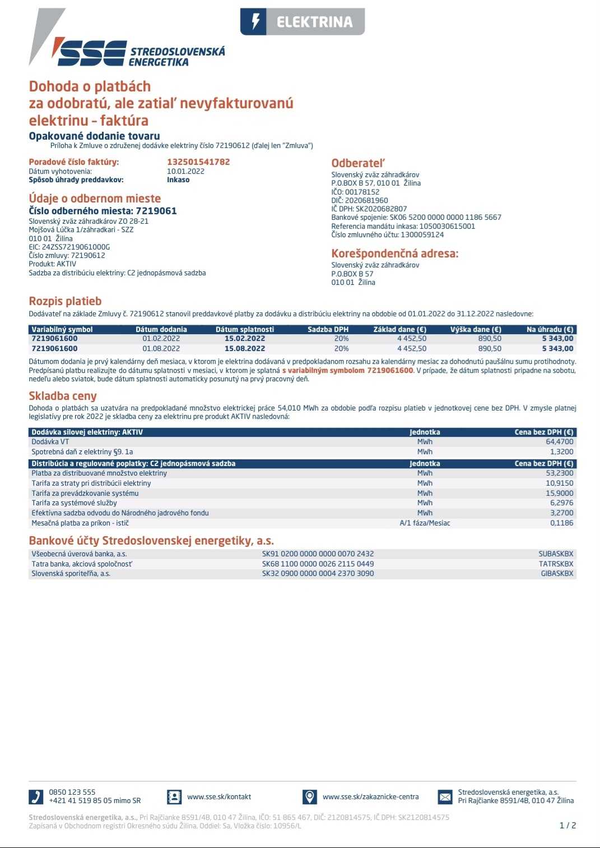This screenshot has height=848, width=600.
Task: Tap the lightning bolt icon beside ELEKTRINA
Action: pos(255,22)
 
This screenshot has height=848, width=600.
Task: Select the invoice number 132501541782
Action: pos(198,162)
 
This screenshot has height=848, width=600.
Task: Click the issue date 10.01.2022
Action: pos(185,172)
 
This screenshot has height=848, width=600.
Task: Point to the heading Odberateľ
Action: pos(358,163)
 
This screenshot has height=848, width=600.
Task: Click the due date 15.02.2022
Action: pos(245,339)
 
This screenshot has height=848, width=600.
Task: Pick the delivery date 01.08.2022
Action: pos(161,349)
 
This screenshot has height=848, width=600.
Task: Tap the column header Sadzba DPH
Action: pos(328,330)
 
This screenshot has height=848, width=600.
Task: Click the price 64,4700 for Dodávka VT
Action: pos(559,442)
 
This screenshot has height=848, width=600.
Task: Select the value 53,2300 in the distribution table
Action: pos(559,473)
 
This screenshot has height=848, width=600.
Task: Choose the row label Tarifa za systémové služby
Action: pos(74,503)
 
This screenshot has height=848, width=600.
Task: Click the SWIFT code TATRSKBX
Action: pos(556,564)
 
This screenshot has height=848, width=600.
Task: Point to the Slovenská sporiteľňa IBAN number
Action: pos(318,574)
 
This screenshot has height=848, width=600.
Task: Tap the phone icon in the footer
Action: pos(35,796)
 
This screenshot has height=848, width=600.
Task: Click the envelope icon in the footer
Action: pos(445,796)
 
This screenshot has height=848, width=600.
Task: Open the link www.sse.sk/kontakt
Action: pos(219,797)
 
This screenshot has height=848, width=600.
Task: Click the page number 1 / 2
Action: pos(568,826)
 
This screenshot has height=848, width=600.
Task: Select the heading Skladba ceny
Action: pos(63,396)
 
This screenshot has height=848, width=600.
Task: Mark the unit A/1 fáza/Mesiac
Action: pos(425,523)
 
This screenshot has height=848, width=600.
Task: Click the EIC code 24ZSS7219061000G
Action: pos(69,247)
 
